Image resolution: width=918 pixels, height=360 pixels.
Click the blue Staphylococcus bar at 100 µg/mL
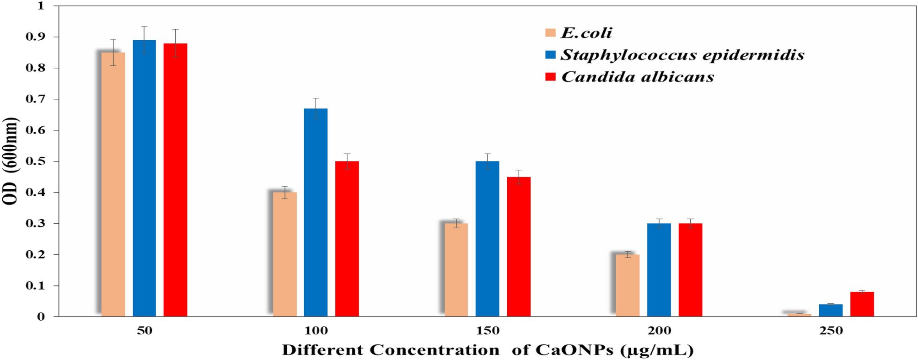(316, 213)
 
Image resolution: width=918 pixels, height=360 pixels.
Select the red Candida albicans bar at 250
(862, 305)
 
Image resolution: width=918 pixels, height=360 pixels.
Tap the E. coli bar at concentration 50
(113, 183)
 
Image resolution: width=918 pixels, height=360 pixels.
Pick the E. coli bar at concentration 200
(628, 285)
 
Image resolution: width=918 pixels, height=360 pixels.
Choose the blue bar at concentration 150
(487, 238)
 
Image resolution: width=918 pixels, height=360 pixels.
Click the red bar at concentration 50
(175, 178)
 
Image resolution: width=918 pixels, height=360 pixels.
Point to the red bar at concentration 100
(347, 238)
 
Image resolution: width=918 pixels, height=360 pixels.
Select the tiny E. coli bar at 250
(799, 315)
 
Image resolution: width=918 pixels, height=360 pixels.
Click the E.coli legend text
(586, 33)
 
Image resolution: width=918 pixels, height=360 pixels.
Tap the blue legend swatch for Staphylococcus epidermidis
(550, 55)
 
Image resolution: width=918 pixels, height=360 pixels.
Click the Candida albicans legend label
(637, 77)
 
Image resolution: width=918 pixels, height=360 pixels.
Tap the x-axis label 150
(487, 331)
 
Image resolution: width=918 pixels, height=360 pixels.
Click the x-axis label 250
(831, 331)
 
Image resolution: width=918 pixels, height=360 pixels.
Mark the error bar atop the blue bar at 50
(144, 40)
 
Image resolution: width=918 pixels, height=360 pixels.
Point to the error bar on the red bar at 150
(519, 177)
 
